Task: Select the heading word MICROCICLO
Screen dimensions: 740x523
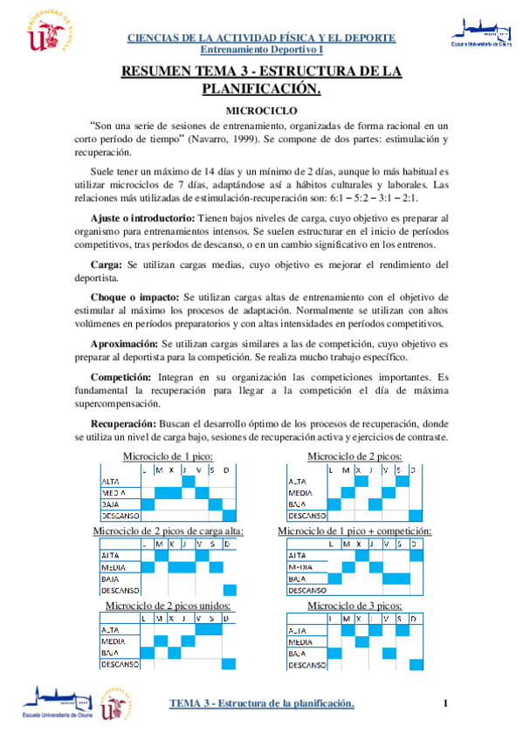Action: pos(262,111)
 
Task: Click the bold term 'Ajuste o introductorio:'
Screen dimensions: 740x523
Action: pos(143,216)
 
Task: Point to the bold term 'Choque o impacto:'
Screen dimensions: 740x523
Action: pos(135,297)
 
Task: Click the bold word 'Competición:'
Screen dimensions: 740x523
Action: pos(121,376)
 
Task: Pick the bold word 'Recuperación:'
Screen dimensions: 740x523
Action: pos(125,423)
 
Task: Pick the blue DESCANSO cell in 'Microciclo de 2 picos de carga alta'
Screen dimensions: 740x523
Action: pos(230,590)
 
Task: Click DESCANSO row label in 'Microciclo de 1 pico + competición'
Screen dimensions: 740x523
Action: pos(306,590)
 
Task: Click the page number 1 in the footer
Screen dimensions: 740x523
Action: pos(445,703)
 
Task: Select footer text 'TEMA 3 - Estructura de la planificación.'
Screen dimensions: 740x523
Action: pos(261,703)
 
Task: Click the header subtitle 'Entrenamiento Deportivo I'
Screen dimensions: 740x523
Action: pos(262,50)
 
